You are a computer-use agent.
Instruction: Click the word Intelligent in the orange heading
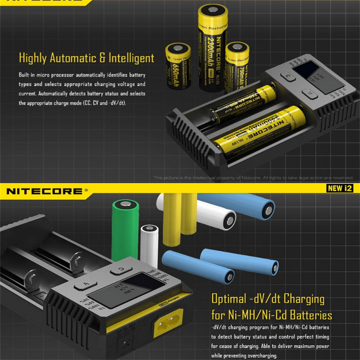(129, 58)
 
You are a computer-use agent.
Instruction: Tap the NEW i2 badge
(340, 188)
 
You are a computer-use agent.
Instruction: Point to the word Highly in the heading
(33, 58)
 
